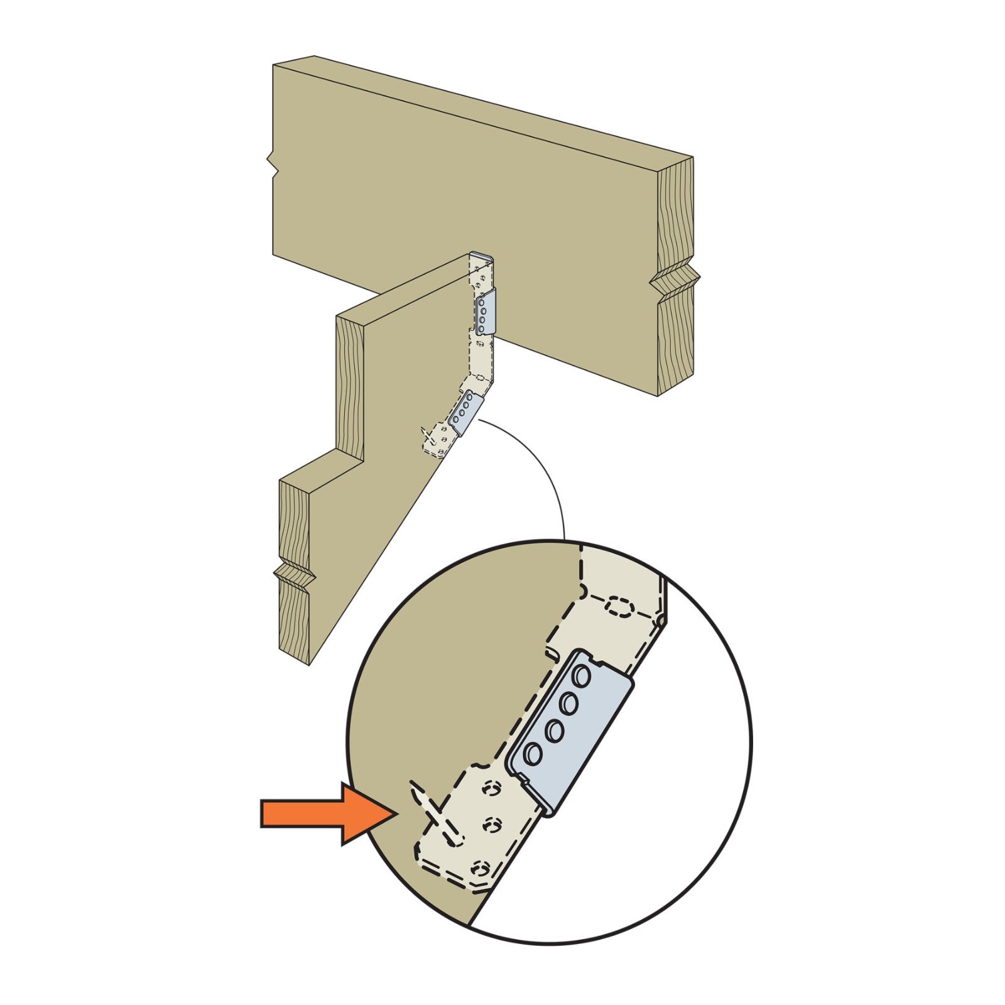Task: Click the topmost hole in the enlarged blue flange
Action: point(582,676)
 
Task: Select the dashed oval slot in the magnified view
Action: point(619,608)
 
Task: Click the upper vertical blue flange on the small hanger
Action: point(486,312)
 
